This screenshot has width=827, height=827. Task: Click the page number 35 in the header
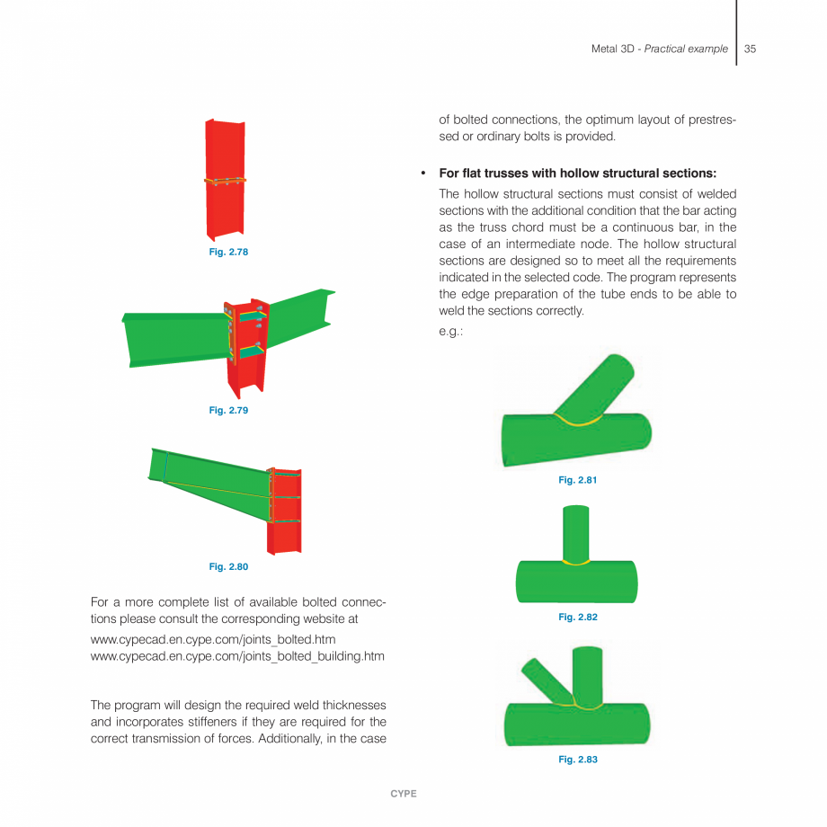[x=750, y=49]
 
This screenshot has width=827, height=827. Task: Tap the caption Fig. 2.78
[x=228, y=252]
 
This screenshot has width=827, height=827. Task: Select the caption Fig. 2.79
[x=228, y=410]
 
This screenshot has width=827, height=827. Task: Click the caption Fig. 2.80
[x=228, y=566]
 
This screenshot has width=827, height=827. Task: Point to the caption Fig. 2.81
[x=578, y=480]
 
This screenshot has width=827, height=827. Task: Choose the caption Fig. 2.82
[x=578, y=617]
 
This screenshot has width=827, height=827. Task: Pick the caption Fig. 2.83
[x=578, y=760]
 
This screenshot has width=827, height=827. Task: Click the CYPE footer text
[x=403, y=794]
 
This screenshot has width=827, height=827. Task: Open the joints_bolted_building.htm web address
[x=238, y=656]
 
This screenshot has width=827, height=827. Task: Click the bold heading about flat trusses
[x=577, y=173]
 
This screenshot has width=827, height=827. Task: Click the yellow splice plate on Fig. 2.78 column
[x=226, y=180]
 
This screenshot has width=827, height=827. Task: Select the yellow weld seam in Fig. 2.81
[x=578, y=420]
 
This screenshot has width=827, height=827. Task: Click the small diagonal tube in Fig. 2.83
[x=542, y=679]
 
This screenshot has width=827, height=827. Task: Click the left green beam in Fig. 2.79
[x=171, y=337]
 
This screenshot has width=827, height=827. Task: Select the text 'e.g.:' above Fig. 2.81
[x=450, y=330]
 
